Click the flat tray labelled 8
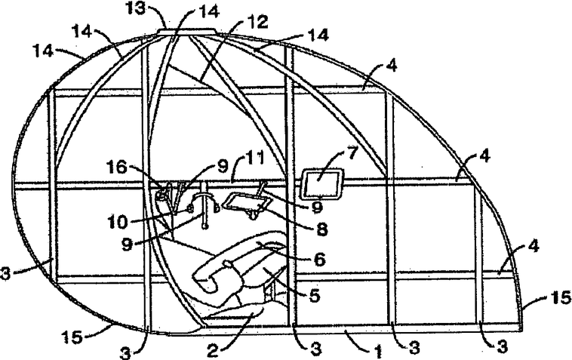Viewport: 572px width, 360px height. [x=244, y=201]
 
